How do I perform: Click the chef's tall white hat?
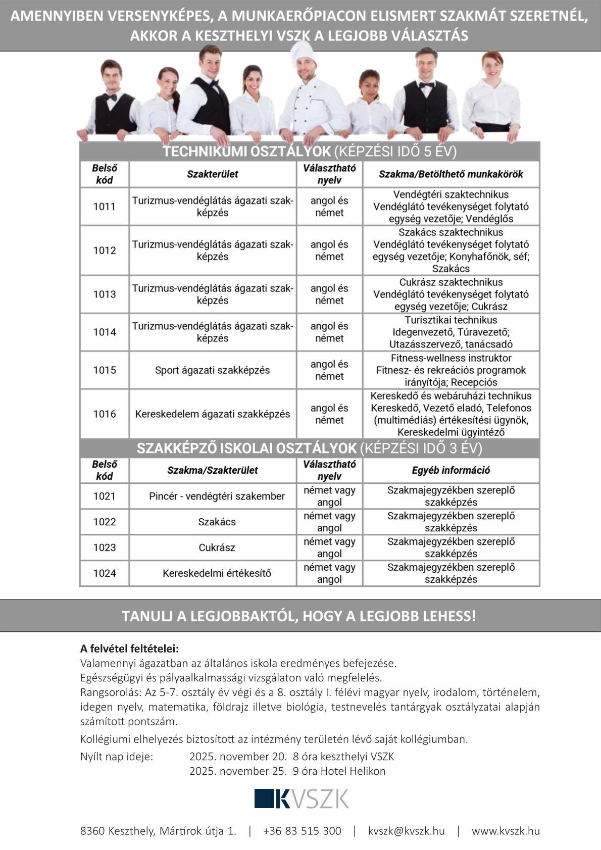point(303,53)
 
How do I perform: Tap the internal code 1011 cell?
point(105,207)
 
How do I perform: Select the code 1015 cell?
point(105,370)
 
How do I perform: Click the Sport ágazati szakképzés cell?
point(213,370)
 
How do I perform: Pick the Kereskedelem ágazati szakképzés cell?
point(213,414)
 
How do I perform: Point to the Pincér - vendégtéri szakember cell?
point(217,496)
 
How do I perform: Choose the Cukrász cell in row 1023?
point(217,547)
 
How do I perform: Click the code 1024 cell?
point(105,573)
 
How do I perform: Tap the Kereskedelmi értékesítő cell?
point(217,573)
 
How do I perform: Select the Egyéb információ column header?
point(450,470)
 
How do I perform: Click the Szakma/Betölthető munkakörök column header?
point(450,174)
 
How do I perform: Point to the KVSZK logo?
point(302,798)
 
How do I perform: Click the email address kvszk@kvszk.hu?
point(406,831)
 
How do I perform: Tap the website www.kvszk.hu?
point(506,831)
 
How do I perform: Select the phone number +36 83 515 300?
point(302,831)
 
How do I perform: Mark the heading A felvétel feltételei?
point(130,648)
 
